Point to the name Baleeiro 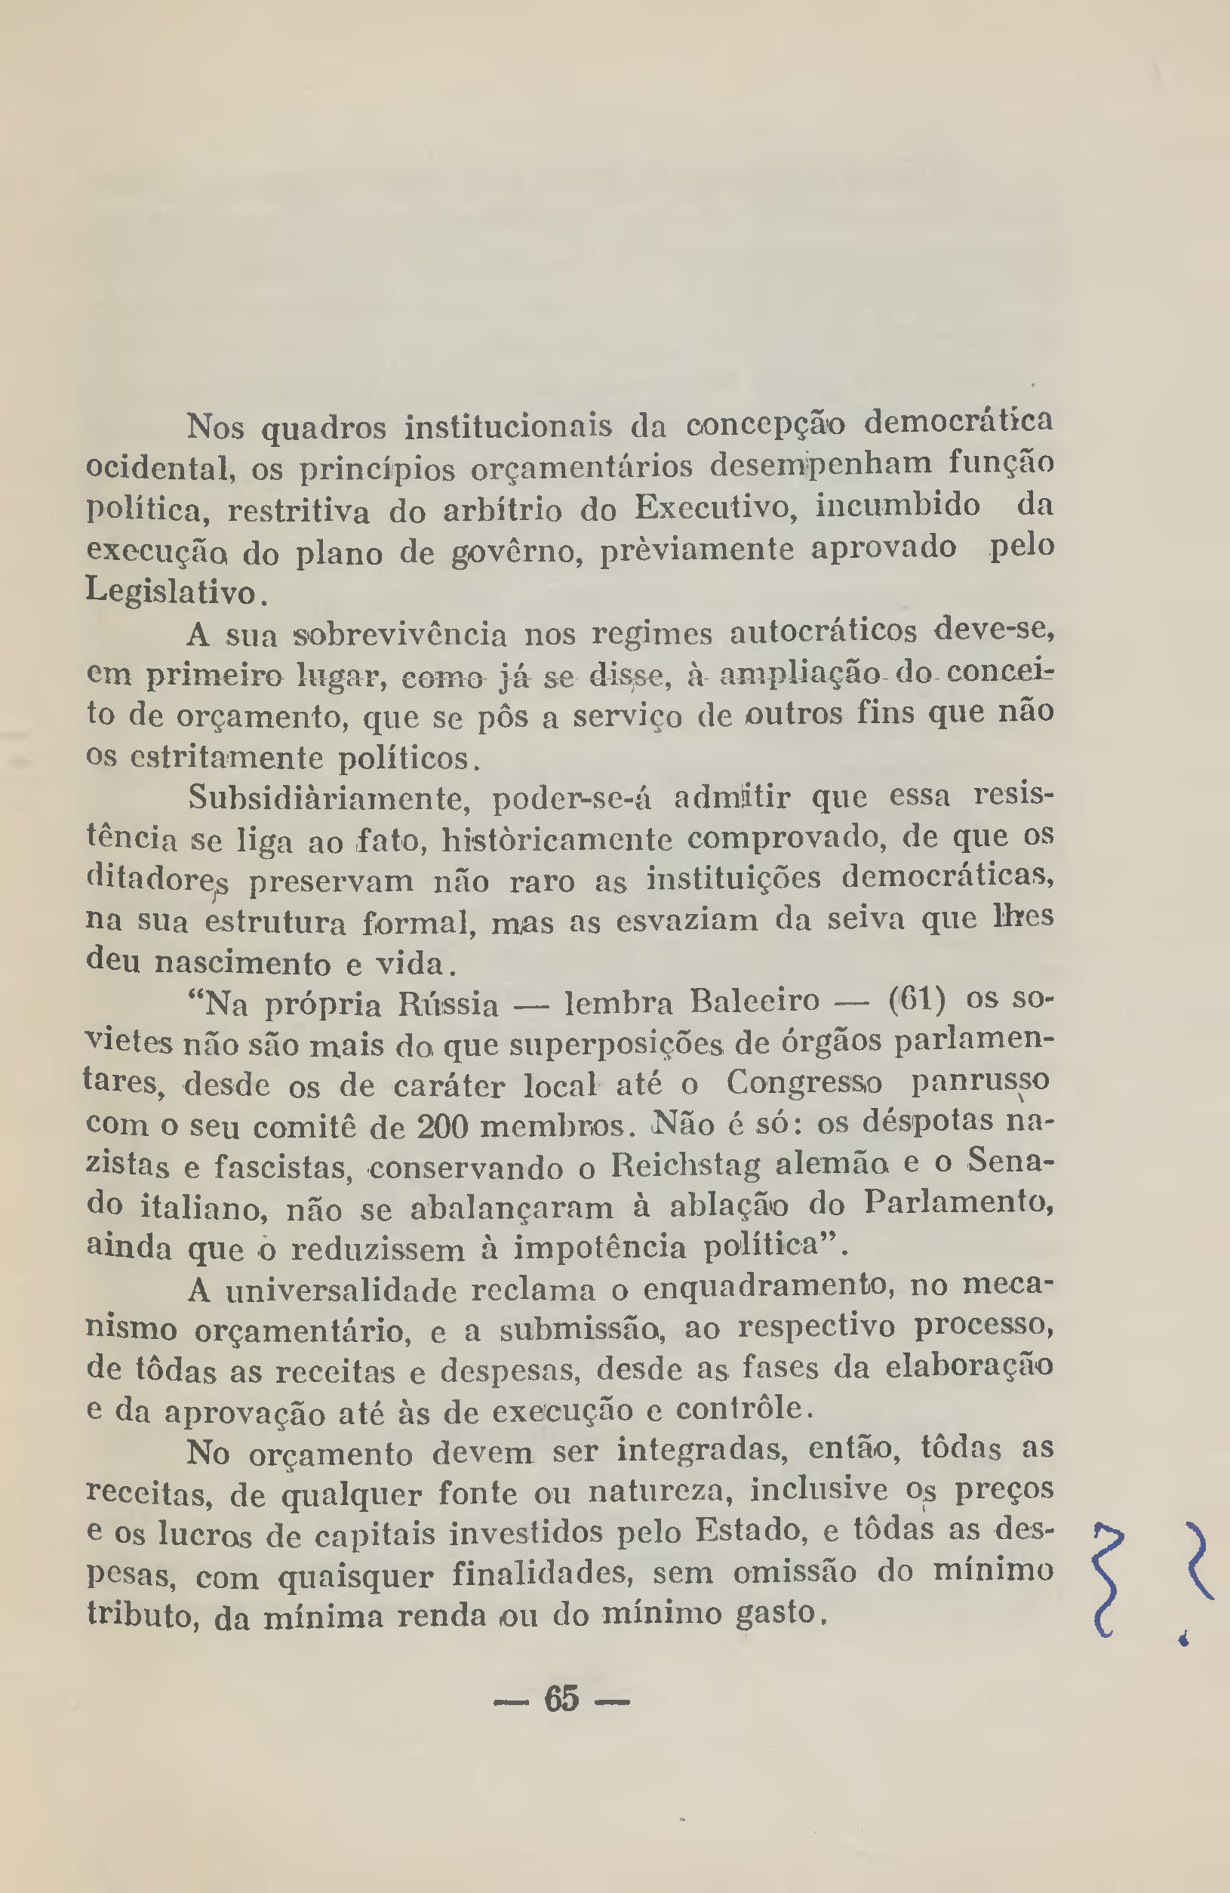(755, 1001)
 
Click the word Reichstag (685, 1165)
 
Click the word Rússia (447, 1005)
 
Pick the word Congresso (804, 1082)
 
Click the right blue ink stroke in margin (1198, 1559)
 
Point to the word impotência (599, 1246)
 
